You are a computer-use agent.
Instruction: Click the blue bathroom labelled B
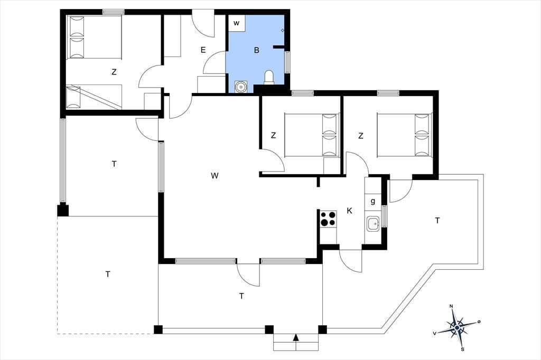click(x=256, y=52)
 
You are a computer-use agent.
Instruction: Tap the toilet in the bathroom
click(x=269, y=77)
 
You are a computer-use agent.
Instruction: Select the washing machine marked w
click(x=237, y=23)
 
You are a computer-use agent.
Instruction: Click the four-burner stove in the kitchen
click(x=328, y=219)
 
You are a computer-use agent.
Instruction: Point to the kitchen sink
click(x=372, y=224)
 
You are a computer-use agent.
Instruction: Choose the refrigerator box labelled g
click(x=372, y=202)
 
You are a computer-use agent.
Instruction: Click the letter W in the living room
click(x=214, y=176)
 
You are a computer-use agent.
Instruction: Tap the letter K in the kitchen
click(x=350, y=211)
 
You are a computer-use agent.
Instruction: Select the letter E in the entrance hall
click(x=203, y=50)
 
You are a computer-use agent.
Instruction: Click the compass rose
click(x=457, y=327)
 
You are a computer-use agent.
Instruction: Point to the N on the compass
click(x=451, y=306)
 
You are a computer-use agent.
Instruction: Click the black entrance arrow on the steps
click(x=296, y=337)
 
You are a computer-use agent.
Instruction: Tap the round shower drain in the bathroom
click(x=240, y=87)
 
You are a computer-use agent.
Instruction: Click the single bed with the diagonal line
click(x=94, y=97)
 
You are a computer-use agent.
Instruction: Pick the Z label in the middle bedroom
click(x=273, y=136)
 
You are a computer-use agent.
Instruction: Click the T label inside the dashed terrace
click(x=108, y=274)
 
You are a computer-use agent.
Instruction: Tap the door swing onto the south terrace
click(x=248, y=274)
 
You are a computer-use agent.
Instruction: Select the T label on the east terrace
click(x=437, y=221)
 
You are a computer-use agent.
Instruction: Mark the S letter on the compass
click(x=462, y=349)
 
